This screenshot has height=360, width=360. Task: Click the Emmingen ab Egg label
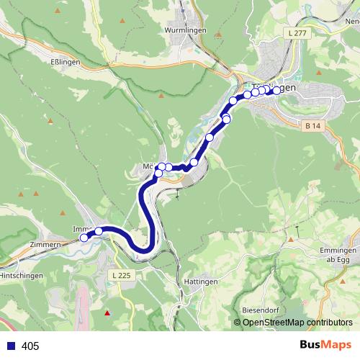(x=338, y=255)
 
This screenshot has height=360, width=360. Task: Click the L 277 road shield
(x=296, y=33)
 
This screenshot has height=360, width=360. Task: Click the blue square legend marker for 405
(x=10, y=346)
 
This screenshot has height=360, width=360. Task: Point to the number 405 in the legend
(x=30, y=346)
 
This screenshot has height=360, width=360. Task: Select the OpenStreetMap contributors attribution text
(x=293, y=323)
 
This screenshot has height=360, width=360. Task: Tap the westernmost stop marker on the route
(x=84, y=237)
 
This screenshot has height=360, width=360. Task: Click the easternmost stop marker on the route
(x=276, y=90)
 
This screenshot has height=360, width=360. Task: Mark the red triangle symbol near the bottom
(x=108, y=313)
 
